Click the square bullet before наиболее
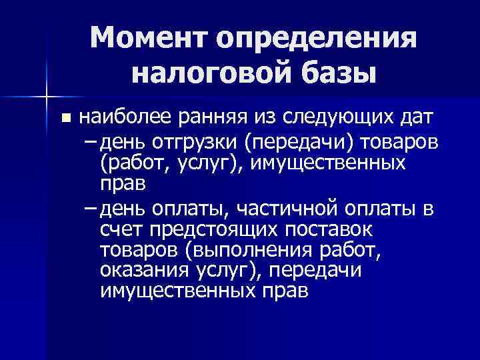pyautogui.click(x=65, y=119)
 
